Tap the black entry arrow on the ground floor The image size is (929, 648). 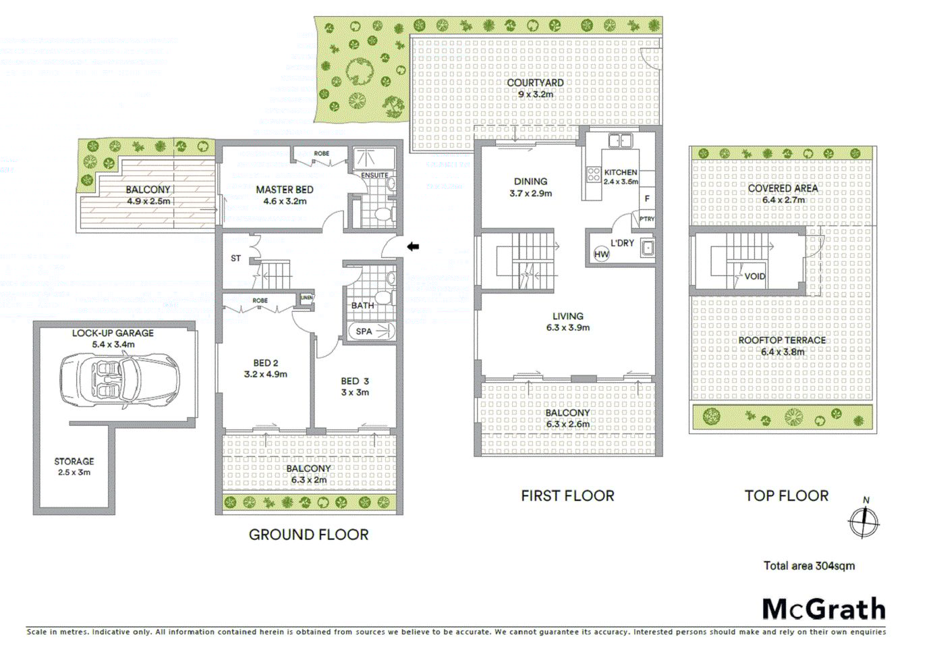[413, 247]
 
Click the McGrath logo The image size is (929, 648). [823, 609]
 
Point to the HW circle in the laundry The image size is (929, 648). [601, 254]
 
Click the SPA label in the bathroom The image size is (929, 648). [364, 331]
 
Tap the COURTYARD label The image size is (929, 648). [535, 83]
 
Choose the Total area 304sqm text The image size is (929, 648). [809, 566]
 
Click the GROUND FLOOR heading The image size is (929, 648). [308, 535]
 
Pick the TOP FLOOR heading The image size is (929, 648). [786, 495]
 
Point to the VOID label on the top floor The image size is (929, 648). [754, 276]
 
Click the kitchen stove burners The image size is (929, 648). [594, 175]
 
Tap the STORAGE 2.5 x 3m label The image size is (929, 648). [74, 466]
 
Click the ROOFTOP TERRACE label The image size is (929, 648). [782, 340]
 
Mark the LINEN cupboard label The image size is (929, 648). [306, 298]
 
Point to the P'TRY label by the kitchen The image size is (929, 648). [646, 219]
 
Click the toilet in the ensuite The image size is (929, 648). [383, 215]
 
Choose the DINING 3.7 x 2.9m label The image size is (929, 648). [530, 187]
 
